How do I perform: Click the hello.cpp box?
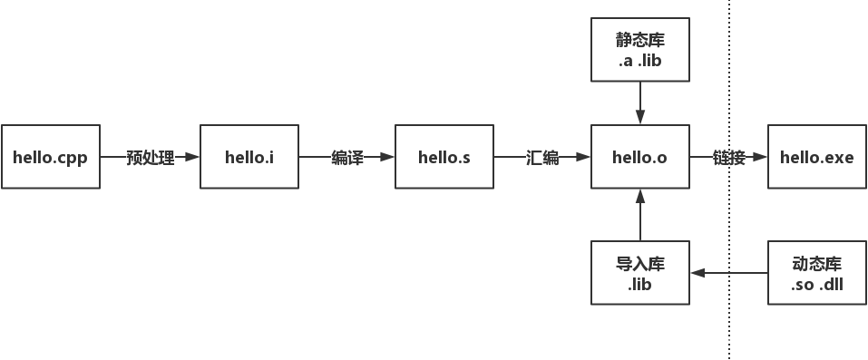click(50, 157)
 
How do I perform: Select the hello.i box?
click(249, 157)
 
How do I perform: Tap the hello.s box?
click(444, 157)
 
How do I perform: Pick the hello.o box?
click(639, 157)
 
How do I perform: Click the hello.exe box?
click(816, 157)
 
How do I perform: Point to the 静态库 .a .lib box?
click(639, 50)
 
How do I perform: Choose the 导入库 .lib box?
click(639, 272)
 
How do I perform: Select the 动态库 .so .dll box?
click(816, 272)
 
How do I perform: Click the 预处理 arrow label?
click(150, 158)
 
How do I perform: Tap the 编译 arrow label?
click(347, 158)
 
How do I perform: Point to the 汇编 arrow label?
click(542, 158)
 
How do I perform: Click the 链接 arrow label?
click(728, 158)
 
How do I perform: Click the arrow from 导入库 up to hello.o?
click(640, 215)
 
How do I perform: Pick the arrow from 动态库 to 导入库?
click(728, 272)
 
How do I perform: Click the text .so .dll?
click(816, 284)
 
